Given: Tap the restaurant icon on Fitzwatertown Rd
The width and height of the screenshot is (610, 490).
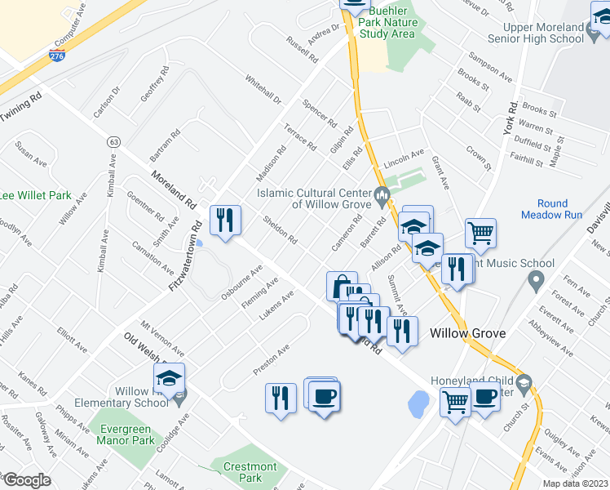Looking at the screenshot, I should pyautogui.click(x=224, y=220).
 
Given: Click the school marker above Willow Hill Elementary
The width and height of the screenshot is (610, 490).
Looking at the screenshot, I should pyautogui.click(x=169, y=378).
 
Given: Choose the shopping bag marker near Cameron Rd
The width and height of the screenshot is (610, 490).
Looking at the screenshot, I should pyautogui.click(x=342, y=286).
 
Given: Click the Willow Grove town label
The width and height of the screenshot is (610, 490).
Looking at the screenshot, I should pyautogui.click(x=467, y=333).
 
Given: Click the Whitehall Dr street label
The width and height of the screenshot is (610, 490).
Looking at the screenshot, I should pyautogui.click(x=262, y=90).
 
